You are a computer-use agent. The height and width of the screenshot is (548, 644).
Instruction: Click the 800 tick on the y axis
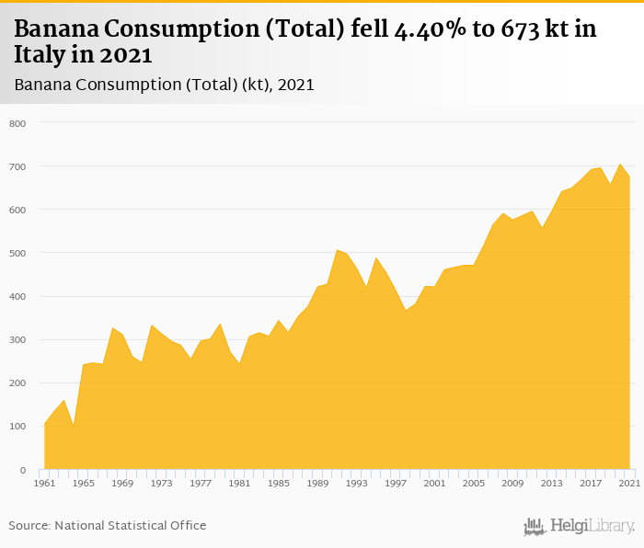pyautogui.click(x=18, y=123)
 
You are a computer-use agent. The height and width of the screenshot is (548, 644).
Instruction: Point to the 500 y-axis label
pyautogui.click(x=18, y=253)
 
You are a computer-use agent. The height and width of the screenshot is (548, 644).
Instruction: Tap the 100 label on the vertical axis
pyautogui.click(x=18, y=427)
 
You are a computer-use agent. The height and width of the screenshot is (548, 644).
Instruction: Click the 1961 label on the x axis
pyautogui.click(x=43, y=483)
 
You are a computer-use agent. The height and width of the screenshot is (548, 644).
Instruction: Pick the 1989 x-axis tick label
pyautogui.click(x=317, y=483)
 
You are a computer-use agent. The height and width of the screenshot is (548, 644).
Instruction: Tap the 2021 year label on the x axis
pyautogui.click(x=629, y=483)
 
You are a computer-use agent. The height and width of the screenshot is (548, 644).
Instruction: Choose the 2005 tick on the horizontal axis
pyautogui.click(x=474, y=483)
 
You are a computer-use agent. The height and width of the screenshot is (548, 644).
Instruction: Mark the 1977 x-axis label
pyautogui.click(x=201, y=483)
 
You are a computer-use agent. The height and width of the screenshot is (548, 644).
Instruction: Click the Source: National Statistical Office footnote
pyautogui.click(x=108, y=525)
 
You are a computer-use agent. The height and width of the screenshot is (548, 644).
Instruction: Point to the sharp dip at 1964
pyautogui.click(x=74, y=426)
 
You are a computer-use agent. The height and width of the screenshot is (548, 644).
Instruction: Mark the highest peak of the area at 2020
pyautogui.click(x=620, y=165)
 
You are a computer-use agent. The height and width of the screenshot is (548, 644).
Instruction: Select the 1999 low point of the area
pyautogui.click(x=405, y=310)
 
